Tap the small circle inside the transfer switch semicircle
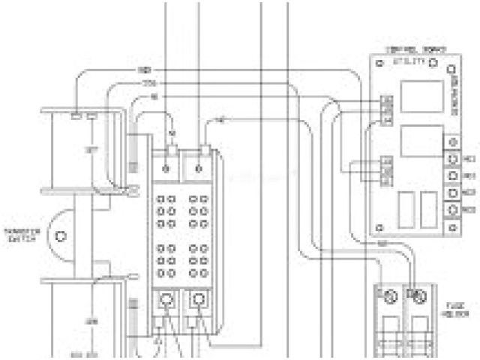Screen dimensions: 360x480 click(62, 236)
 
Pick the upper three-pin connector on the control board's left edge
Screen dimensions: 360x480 click(387, 110)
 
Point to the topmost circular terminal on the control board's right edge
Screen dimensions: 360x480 click(452, 142)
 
